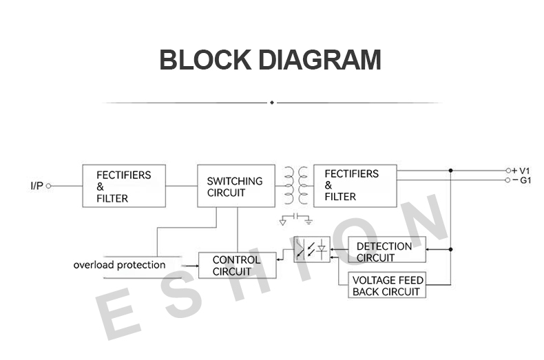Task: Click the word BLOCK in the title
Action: pyautogui.click(x=205, y=60)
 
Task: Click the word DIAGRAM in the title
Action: pyautogui.click(x=320, y=60)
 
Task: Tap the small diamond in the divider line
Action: pyautogui.click(x=272, y=103)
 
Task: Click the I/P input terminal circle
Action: pyautogui.click(x=49, y=186)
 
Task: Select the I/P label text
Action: pyautogui.click(x=36, y=186)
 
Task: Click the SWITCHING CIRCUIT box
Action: pyautogui.click(x=236, y=186)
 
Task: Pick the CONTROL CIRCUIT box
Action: pyautogui.click(x=238, y=265)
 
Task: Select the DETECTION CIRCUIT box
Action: pyautogui.click(x=387, y=249)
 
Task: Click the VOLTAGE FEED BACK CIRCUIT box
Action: pyautogui.click(x=387, y=285)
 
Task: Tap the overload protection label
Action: pyautogui.click(x=119, y=265)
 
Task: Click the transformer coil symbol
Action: pyautogui.click(x=296, y=186)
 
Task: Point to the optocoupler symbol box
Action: pyautogui.click(x=312, y=249)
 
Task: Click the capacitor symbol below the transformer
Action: pyautogui.click(x=296, y=216)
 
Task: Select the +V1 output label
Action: pyautogui.click(x=521, y=171)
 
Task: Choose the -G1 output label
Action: pyautogui.click(x=522, y=180)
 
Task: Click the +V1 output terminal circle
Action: pyautogui.click(x=508, y=171)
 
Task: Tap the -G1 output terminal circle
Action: pyautogui.click(x=508, y=180)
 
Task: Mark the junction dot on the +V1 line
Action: pyautogui.click(x=450, y=171)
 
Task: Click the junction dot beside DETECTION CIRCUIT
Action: pyautogui.click(x=450, y=249)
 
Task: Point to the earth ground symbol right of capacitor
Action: pyautogui.click(x=308, y=220)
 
